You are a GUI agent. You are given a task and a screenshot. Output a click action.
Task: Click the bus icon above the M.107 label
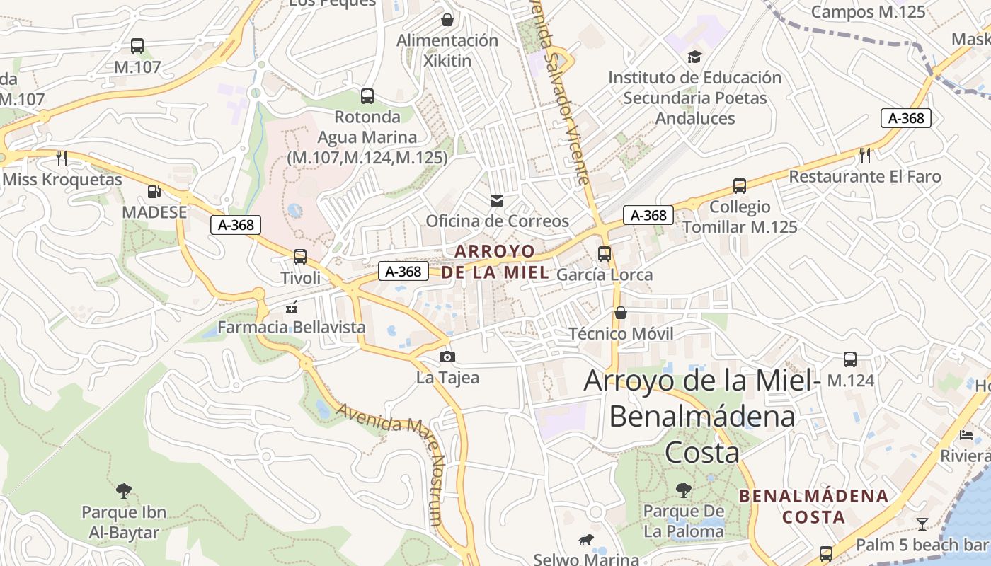[x=137, y=46]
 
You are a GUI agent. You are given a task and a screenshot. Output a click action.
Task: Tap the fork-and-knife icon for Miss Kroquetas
[x=62, y=157]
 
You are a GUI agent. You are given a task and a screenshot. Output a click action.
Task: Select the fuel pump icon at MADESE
[x=154, y=191]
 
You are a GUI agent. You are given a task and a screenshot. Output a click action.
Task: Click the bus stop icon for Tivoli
[x=300, y=256]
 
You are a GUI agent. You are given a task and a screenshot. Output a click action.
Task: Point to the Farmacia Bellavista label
[x=291, y=327]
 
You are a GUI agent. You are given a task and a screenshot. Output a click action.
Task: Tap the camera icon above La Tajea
[x=447, y=357]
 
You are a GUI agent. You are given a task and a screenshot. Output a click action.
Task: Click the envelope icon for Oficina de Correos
[x=497, y=201]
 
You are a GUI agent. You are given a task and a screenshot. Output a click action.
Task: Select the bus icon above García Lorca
[x=605, y=253]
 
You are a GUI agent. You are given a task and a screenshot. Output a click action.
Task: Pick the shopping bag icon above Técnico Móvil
[x=621, y=312]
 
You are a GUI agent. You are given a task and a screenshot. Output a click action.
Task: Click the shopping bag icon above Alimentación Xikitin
[x=447, y=19]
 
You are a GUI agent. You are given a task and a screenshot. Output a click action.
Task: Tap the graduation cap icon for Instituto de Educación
[x=694, y=57]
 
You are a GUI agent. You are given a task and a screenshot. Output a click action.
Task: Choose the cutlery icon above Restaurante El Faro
[x=864, y=155]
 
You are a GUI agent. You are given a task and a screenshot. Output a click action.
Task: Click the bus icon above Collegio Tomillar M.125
[x=740, y=186]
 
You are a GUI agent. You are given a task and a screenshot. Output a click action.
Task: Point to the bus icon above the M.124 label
[x=850, y=359]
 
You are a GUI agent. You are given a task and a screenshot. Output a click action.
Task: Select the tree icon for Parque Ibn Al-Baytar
[x=124, y=490]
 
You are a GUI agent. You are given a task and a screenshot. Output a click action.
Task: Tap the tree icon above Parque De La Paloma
[x=683, y=489]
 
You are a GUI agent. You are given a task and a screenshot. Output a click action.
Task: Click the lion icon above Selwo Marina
[x=586, y=540]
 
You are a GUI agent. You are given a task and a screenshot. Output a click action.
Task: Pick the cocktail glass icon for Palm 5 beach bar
[x=922, y=524]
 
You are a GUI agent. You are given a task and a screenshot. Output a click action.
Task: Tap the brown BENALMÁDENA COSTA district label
[x=813, y=506]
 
